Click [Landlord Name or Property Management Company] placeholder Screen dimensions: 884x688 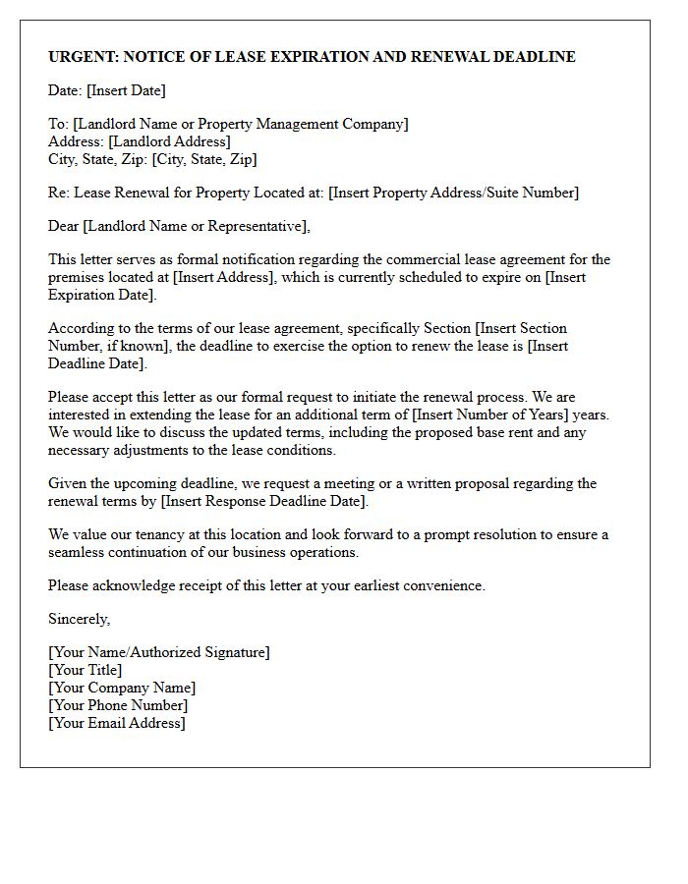pos(240,124)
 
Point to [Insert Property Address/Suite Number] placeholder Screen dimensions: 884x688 pos(453,193)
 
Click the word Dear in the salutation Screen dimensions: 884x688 pos(64,226)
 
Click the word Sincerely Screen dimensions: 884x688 pos(80,619)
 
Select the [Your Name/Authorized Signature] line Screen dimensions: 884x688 pos(159,652)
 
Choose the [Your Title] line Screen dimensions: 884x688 pos(86,670)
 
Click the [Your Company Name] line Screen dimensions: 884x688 pos(122,688)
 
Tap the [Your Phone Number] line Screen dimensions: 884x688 pos(118,705)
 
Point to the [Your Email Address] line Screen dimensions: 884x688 pos(117,723)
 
